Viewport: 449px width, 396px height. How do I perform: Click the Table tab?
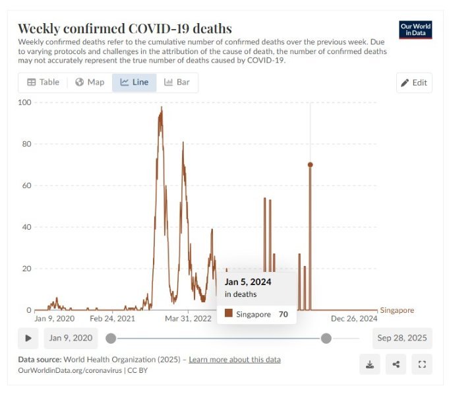tap(43, 82)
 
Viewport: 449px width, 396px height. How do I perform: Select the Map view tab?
tap(90, 82)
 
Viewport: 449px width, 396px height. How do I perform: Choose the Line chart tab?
tap(135, 82)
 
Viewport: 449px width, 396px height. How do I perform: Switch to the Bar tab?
tap(177, 82)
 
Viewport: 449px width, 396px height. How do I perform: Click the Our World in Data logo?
tap(415, 30)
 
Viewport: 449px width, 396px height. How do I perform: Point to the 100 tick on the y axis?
tap(24, 102)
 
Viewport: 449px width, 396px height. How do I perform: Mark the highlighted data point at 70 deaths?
tap(310, 165)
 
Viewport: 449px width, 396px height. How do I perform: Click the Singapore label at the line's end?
tap(397, 310)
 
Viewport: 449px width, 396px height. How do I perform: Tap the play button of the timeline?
tap(28, 339)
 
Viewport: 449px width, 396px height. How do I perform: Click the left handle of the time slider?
tap(111, 339)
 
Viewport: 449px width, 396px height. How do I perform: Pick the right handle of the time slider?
tap(326, 339)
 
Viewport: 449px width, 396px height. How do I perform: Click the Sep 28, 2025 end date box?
tap(402, 339)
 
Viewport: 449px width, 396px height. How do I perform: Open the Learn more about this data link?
tap(235, 360)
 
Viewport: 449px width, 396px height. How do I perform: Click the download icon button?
tap(369, 364)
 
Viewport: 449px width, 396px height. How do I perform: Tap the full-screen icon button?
tap(422, 364)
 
